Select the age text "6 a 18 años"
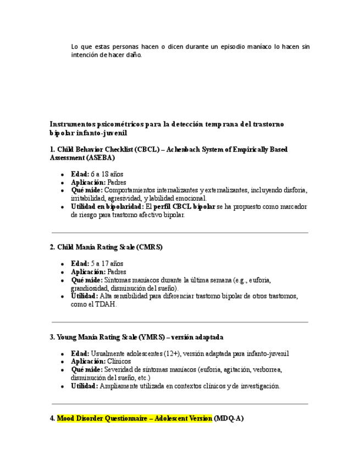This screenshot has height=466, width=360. [x=107, y=174]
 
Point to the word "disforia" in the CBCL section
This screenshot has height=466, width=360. [x=296, y=190]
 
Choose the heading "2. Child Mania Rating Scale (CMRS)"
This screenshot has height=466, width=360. [x=106, y=247]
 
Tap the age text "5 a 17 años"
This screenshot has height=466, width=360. [x=107, y=264]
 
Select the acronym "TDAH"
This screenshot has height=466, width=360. [x=108, y=304]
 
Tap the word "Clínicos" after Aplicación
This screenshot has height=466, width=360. [x=119, y=362]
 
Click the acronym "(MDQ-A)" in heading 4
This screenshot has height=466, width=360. [x=229, y=418]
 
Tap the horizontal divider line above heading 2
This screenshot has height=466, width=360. [x=179, y=232]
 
